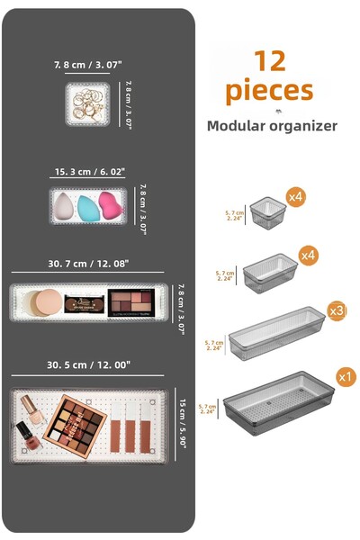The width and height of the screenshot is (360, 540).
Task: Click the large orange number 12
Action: (269, 60)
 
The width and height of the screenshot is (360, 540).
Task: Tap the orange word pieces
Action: (269, 90)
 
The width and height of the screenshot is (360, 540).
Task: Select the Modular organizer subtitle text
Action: (272, 125)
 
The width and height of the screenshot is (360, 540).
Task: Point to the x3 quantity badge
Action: (337, 310)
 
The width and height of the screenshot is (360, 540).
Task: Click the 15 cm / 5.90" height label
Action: (183, 424)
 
